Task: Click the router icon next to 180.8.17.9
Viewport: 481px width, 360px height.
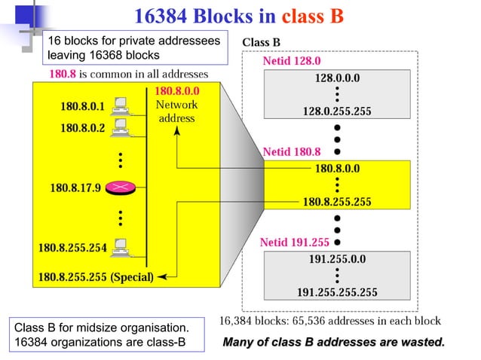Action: [118, 187]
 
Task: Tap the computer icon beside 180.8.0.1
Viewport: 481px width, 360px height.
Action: [118, 105]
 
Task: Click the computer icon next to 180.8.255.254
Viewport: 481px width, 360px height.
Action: [118, 246]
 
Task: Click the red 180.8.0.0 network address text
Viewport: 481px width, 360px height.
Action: [176, 92]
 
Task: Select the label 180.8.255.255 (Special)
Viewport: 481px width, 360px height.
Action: [97, 276]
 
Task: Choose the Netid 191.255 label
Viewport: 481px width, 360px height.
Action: [295, 243]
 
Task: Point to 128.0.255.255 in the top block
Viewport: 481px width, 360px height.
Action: [337, 111]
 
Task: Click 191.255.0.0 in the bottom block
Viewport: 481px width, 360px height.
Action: [337, 258]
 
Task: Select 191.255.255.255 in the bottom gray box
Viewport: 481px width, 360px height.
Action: [337, 291]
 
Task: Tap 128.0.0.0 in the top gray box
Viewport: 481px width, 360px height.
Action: [337, 78]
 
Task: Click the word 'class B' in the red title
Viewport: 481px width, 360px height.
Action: [312, 15]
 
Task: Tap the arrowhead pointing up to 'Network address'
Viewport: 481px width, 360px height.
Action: [177, 130]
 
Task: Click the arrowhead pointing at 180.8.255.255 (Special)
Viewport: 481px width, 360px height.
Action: [161, 276]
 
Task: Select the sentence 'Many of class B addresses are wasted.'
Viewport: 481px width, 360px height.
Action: [334, 343]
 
